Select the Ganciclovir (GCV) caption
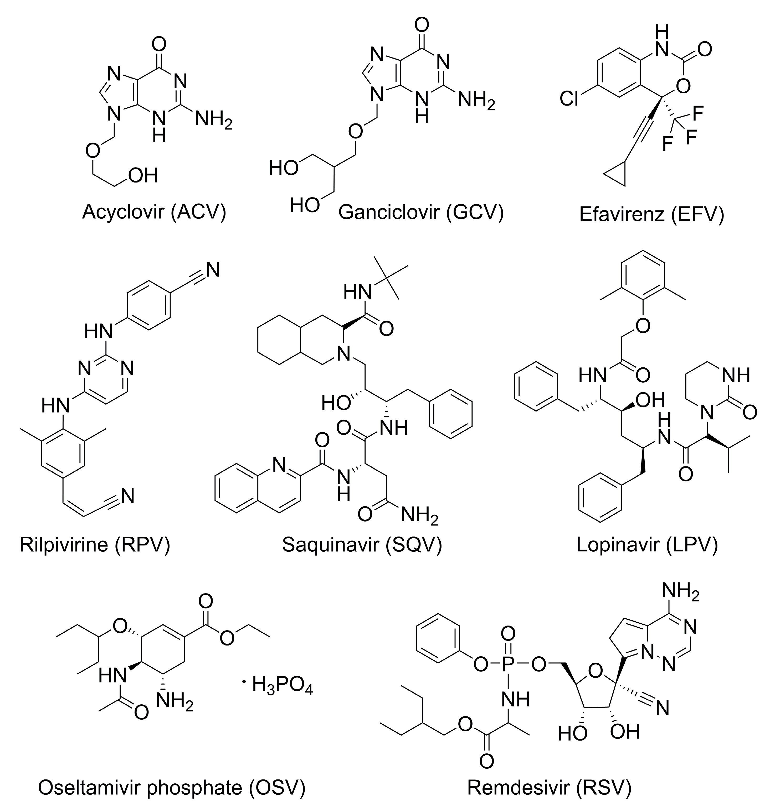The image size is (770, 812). (x=421, y=213)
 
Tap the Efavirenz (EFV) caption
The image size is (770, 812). (x=651, y=215)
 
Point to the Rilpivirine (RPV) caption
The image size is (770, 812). (x=95, y=545)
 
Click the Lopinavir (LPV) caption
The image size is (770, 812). (x=647, y=545)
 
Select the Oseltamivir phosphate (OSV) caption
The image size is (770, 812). (x=172, y=787)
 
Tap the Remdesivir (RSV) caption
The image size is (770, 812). (x=549, y=787)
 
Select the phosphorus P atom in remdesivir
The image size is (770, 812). (x=508, y=665)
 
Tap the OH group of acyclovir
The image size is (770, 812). (x=143, y=176)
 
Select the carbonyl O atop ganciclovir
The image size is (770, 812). (x=422, y=25)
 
